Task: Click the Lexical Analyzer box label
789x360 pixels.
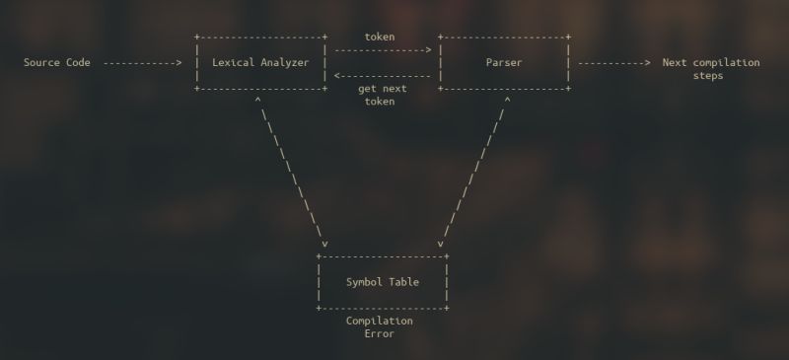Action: (x=260, y=63)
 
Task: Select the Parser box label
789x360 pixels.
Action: (x=504, y=63)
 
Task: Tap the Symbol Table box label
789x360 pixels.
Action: (x=383, y=282)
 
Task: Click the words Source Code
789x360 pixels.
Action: (x=57, y=63)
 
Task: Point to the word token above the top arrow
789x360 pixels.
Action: (x=380, y=36)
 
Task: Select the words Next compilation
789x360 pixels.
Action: (x=711, y=63)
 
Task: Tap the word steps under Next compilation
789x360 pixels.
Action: (x=708, y=76)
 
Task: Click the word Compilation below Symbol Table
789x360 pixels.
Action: (x=380, y=321)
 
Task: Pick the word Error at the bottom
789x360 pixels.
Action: (x=380, y=333)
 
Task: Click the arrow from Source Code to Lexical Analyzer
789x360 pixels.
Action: (x=143, y=63)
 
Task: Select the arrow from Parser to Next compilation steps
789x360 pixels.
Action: (x=613, y=63)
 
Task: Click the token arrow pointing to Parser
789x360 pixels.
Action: (x=382, y=49)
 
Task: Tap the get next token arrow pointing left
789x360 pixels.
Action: (x=382, y=76)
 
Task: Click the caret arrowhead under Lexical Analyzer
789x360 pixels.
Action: (x=257, y=100)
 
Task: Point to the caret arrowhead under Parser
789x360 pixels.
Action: (x=507, y=100)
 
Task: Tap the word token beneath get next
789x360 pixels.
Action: (x=380, y=102)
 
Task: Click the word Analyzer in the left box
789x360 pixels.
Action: (x=284, y=63)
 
